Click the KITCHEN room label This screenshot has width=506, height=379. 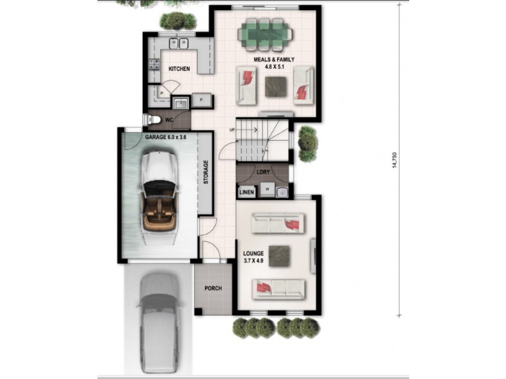pyautogui.click(x=179, y=68)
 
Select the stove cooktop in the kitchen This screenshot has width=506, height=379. pyautogui.click(x=154, y=64)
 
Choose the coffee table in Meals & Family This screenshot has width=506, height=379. pyautogui.click(x=275, y=86)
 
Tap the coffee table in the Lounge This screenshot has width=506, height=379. pyautogui.click(x=280, y=255)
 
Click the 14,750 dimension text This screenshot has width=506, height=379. pyautogui.click(x=395, y=160)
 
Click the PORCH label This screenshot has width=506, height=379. pyautogui.click(x=213, y=289)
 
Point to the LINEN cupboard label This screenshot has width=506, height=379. pyautogui.click(x=246, y=191)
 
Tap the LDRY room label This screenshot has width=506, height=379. pyautogui.click(x=264, y=171)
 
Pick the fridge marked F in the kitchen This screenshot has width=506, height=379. pyautogui.click(x=202, y=100)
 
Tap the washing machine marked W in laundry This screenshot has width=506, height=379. pyautogui.click(x=267, y=189)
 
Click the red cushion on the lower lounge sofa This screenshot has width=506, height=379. pyautogui.click(x=263, y=289)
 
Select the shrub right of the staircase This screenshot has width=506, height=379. pyautogui.click(x=307, y=143)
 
